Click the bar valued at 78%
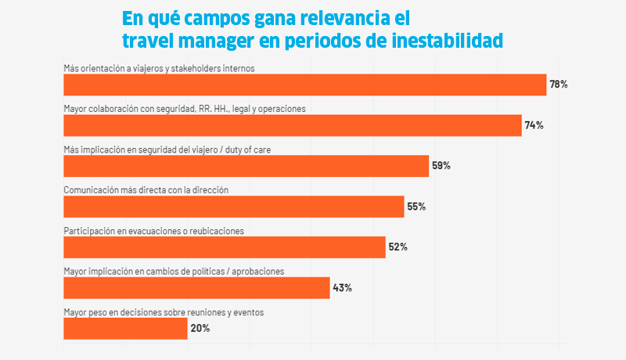pos(304,85)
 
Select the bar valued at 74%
pos(292,125)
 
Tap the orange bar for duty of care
pos(246,166)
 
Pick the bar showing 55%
pos(233,207)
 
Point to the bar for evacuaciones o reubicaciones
pos(224,247)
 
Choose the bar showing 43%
pos(196,288)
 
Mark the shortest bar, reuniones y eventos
pos(125,329)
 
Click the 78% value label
pos(559,85)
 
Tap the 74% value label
pos(534,125)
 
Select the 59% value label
pos(441,166)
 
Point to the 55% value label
pos(416,207)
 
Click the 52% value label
pos(398,247)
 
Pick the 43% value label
pos(342,288)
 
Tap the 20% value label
pos(200,329)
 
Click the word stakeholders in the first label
pos(206,68)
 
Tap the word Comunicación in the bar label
pos(88,190)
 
